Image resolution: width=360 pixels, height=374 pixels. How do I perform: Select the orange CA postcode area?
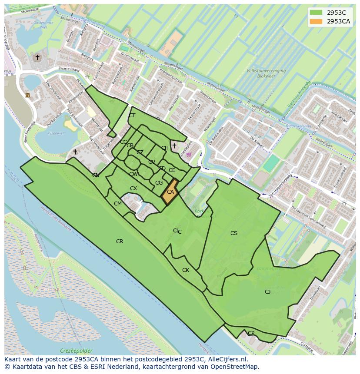170,192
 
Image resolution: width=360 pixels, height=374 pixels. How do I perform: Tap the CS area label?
234,233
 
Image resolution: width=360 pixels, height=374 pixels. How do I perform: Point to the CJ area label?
267,292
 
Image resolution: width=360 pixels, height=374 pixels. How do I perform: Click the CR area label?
120,242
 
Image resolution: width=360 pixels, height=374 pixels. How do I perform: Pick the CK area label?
186,270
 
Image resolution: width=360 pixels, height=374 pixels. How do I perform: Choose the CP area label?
251,333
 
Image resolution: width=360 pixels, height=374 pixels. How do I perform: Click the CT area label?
132,116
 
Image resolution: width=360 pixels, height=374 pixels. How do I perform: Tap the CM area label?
118,204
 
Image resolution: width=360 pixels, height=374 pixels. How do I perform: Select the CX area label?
133,189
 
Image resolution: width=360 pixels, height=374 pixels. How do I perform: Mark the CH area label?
165,148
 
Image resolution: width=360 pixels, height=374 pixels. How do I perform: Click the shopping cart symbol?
188,154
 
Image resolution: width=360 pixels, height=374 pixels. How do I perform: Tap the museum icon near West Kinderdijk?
28,95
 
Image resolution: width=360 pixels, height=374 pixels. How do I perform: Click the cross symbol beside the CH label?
174,146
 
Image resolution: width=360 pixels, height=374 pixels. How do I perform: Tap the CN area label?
96,175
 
